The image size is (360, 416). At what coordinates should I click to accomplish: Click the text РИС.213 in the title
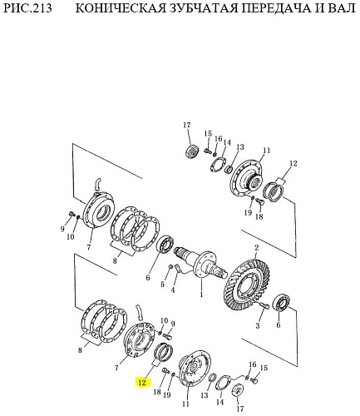point(27,8)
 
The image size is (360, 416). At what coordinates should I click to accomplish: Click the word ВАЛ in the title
point(342,8)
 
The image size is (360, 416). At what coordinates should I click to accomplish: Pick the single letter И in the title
point(320,8)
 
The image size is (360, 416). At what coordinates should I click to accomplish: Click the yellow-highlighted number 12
point(142,383)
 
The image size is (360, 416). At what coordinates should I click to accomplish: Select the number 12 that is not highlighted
point(293,163)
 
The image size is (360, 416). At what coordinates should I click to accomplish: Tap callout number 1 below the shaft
point(201,295)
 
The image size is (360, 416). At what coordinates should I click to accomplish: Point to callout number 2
point(257,248)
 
